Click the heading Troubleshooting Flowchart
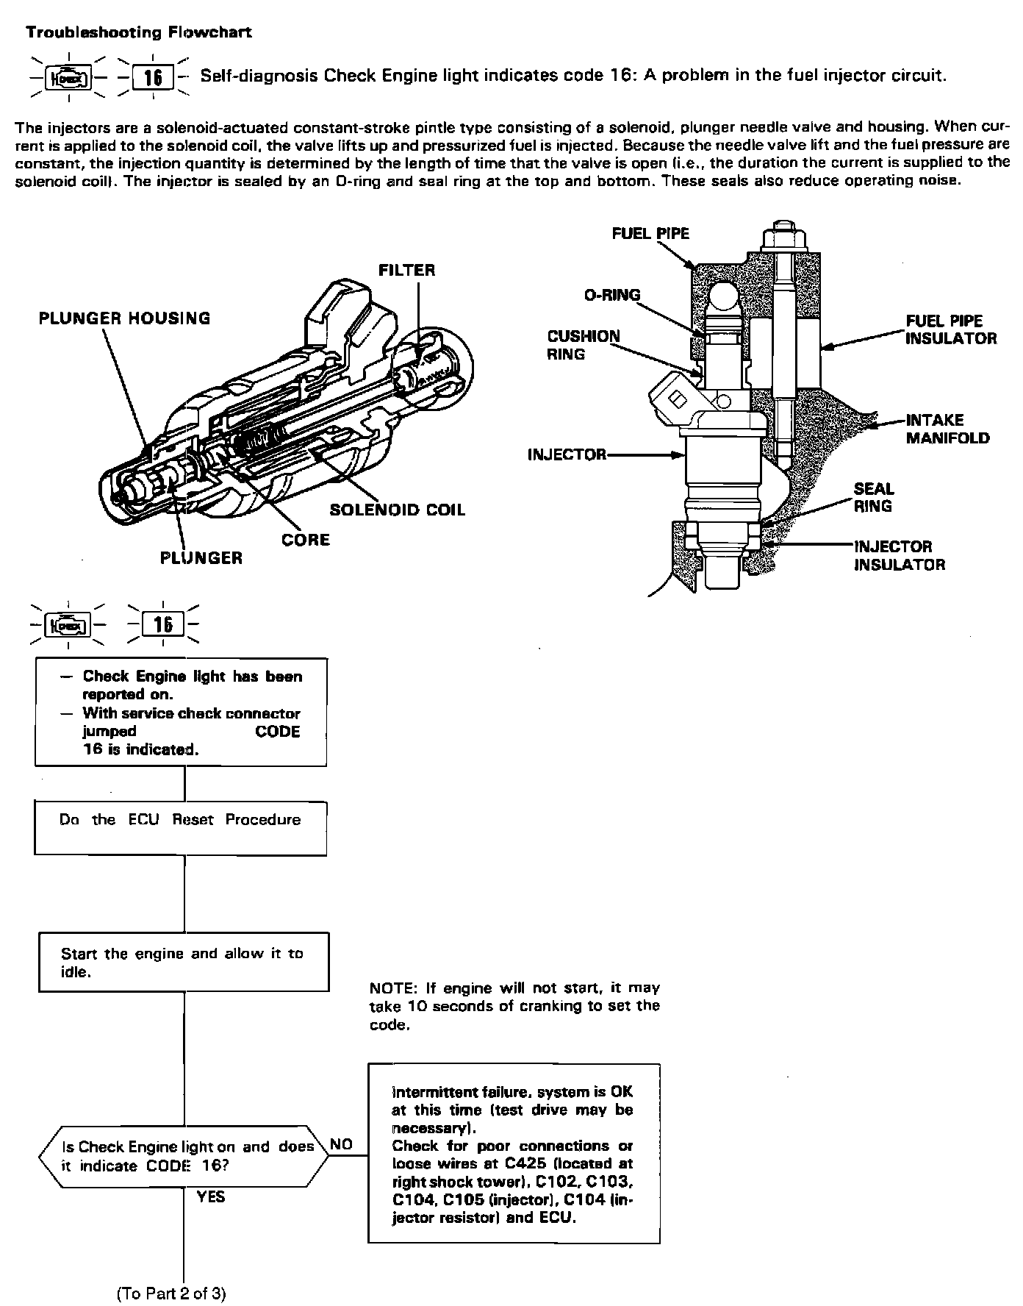[139, 32]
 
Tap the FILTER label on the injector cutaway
[406, 271]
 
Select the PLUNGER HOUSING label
[124, 318]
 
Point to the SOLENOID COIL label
[397, 510]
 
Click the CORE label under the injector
[306, 540]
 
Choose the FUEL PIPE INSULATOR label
[951, 329]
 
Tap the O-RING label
[612, 295]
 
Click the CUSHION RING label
[584, 345]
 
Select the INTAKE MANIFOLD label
[947, 429]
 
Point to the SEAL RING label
[874, 497]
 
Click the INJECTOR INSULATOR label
[900, 555]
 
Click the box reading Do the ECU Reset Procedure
[181, 828]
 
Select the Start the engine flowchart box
[183, 962]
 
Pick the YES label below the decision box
[211, 1197]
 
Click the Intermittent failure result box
[514, 1154]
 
